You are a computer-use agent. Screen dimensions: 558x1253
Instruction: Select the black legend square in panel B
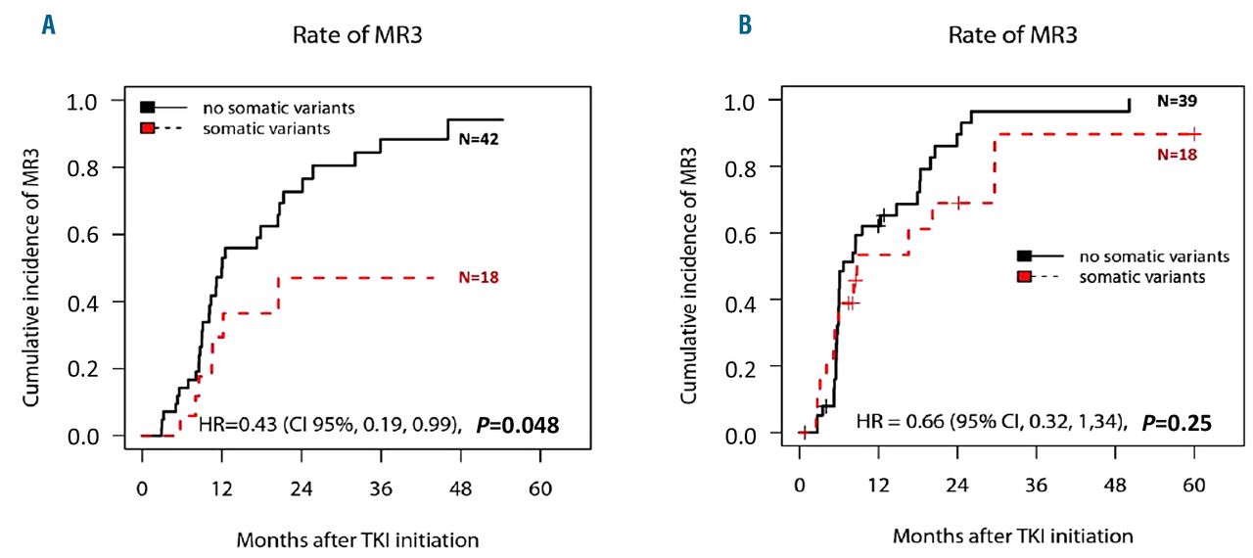click(1023, 256)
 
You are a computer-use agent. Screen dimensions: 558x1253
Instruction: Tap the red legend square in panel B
click(1023, 277)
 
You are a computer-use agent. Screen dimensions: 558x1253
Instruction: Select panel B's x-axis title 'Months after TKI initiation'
click(1012, 536)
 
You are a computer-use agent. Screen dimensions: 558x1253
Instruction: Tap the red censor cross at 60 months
click(1194, 134)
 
